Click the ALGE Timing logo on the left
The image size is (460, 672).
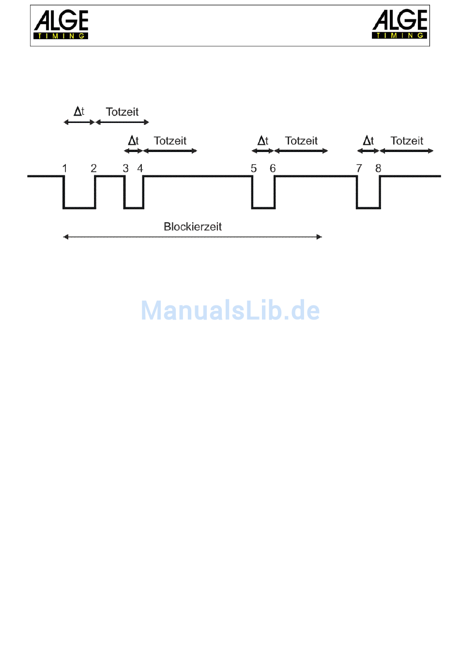(61, 25)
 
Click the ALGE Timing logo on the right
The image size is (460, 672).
(399, 24)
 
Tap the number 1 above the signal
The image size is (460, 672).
(65, 168)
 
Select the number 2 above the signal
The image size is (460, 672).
(94, 168)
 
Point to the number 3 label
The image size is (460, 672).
(125, 168)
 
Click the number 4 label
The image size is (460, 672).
(140, 168)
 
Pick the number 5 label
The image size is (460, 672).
(254, 168)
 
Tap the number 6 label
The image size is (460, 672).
(273, 168)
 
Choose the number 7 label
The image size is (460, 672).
(359, 168)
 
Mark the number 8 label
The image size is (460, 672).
(378, 168)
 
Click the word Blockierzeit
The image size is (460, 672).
(193, 227)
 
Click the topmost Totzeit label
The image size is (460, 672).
(122, 112)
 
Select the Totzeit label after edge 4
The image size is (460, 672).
(170, 141)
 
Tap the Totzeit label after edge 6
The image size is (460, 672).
(301, 141)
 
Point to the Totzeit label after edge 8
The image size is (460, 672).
(407, 141)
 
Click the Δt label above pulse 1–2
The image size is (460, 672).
(79, 111)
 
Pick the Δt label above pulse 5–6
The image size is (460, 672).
(263, 141)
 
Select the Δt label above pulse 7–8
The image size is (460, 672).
(368, 141)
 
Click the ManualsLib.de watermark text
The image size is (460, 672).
(230, 310)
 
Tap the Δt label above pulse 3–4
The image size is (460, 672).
(133, 141)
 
